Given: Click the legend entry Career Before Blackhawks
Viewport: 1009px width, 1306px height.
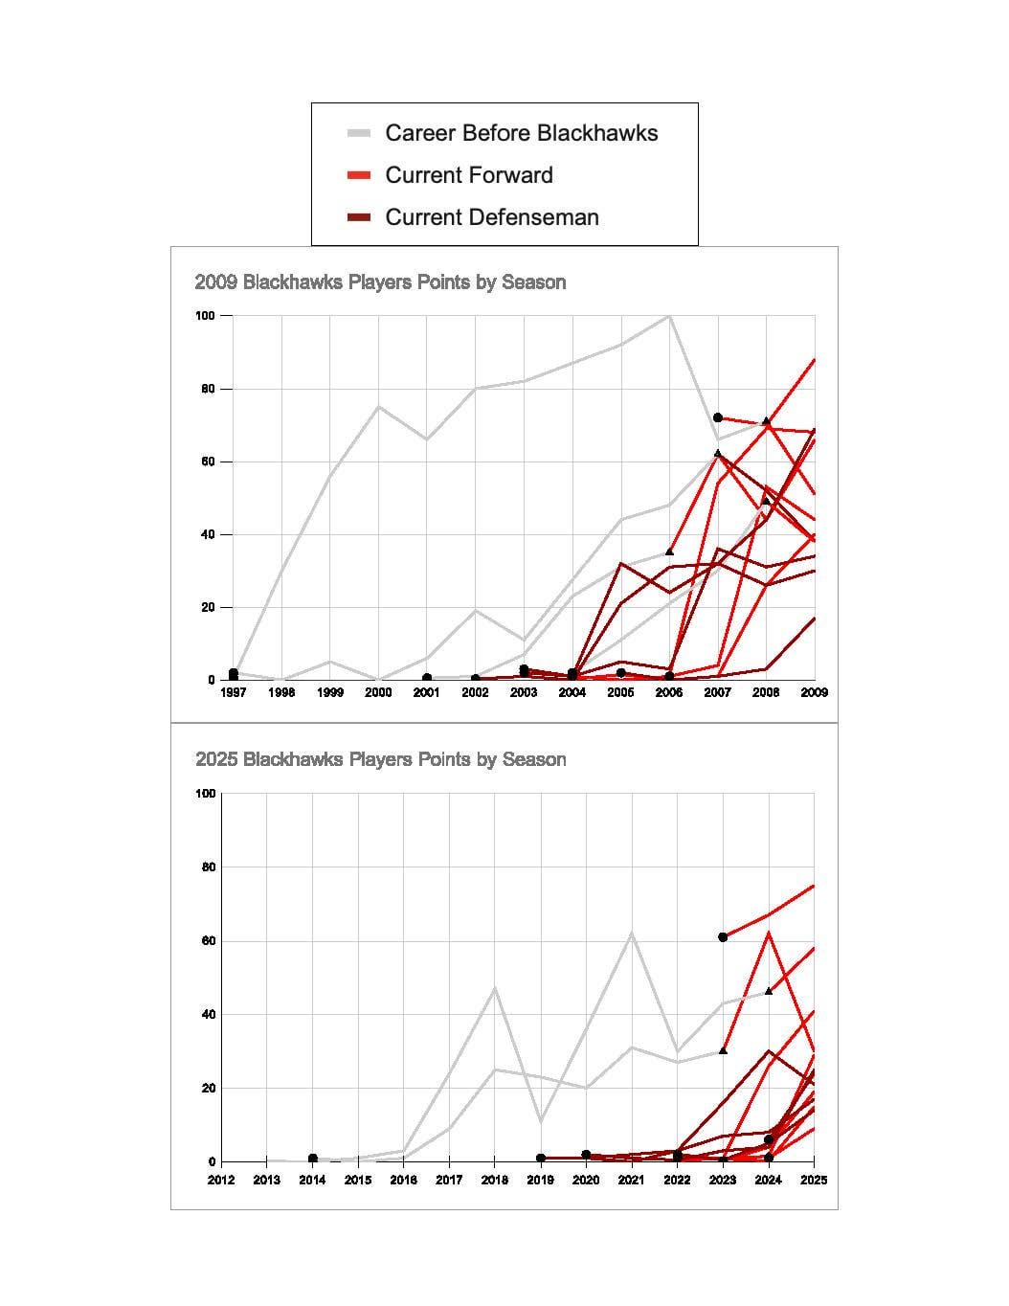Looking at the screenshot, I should pyautogui.click(x=521, y=133).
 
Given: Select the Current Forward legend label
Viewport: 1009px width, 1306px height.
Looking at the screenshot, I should pyautogui.click(x=468, y=175).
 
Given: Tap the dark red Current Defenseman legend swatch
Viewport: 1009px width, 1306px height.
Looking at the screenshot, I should pyautogui.click(x=359, y=218).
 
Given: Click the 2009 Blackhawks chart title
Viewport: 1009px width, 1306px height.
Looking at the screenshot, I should pyautogui.click(x=380, y=282).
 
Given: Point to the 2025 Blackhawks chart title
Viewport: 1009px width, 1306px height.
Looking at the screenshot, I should pyautogui.click(x=380, y=759).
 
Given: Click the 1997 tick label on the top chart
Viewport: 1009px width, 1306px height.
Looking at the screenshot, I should pyautogui.click(x=234, y=692).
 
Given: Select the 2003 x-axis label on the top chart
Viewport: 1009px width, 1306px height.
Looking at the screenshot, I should pyautogui.click(x=524, y=692).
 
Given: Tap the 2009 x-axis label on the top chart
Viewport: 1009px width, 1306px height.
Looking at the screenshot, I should pyautogui.click(x=814, y=692).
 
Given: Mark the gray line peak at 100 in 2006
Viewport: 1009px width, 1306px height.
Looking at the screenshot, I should pyautogui.click(x=669, y=316).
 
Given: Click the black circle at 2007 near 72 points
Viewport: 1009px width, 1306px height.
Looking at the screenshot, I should pyautogui.click(x=718, y=417).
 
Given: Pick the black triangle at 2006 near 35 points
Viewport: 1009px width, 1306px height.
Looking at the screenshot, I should pyautogui.click(x=669, y=552).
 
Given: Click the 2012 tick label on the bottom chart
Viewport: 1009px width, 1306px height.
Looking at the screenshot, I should pyautogui.click(x=221, y=1180).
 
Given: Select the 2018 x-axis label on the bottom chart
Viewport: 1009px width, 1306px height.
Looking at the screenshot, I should pyautogui.click(x=495, y=1180).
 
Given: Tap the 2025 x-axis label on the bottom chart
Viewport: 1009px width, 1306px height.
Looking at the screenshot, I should pyautogui.click(x=814, y=1180).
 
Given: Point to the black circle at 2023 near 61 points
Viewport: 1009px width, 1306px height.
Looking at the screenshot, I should pyautogui.click(x=723, y=937).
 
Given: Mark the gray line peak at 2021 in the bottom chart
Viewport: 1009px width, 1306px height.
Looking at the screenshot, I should pyautogui.click(x=632, y=933).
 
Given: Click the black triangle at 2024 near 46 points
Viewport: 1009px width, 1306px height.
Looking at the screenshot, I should pyautogui.click(x=769, y=991).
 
